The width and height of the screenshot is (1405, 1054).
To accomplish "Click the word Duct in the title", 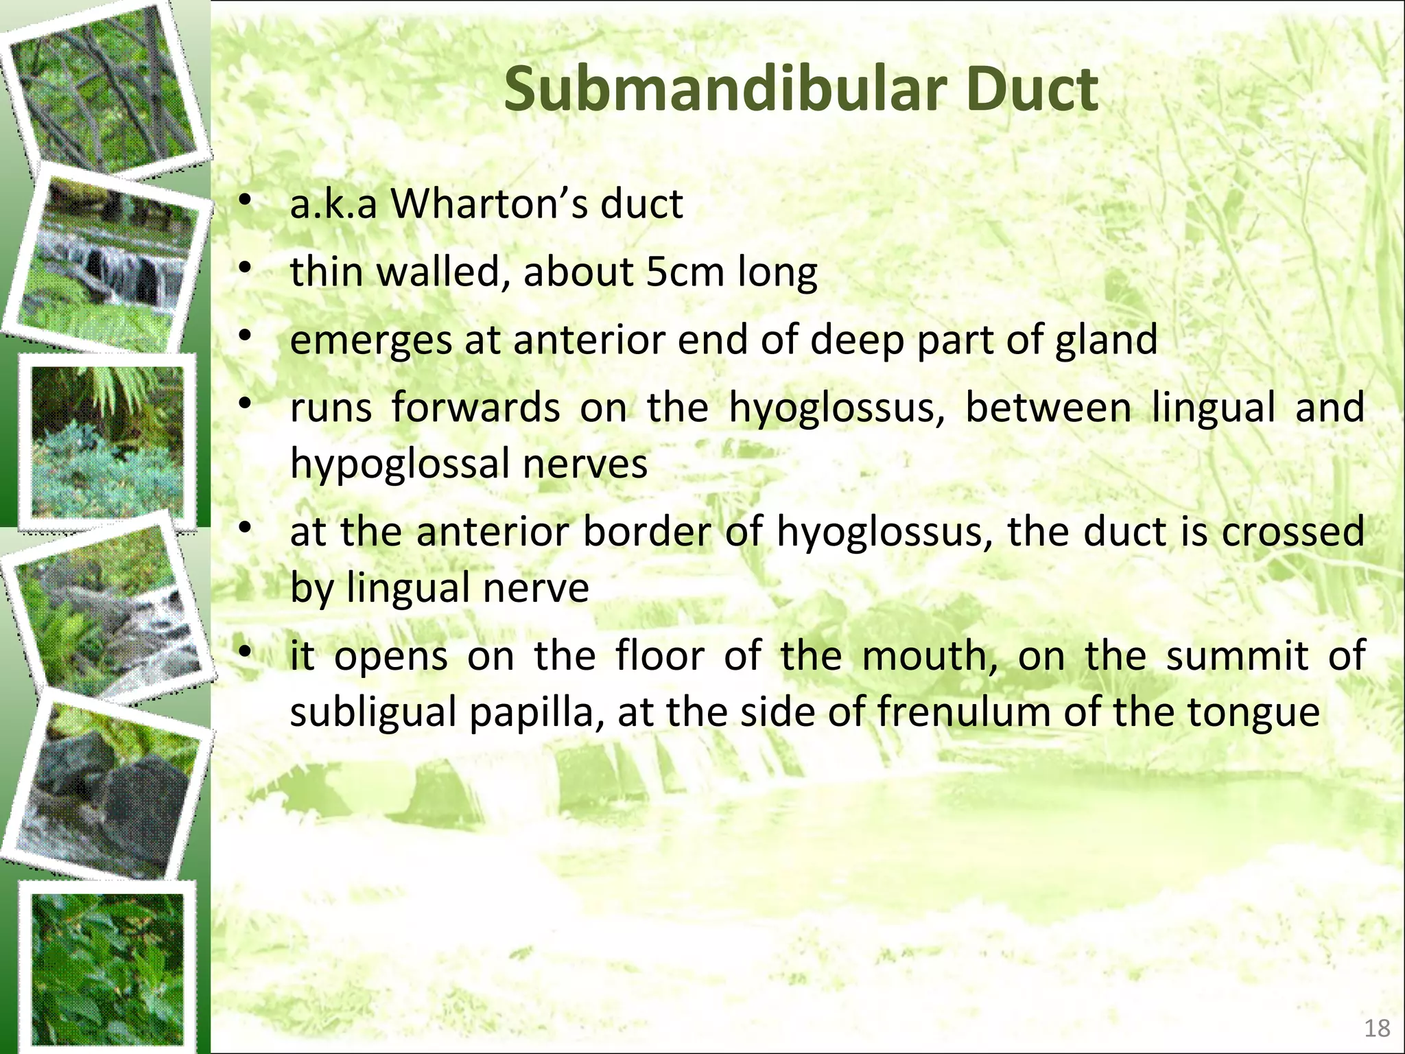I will (x=1032, y=89).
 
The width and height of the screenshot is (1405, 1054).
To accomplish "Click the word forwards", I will (x=475, y=408).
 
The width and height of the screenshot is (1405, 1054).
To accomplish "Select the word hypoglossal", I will (x=399, y=465).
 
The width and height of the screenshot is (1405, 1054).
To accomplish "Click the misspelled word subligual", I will (x=373, y=713).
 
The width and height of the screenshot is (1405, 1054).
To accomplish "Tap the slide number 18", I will (x=1377, y=1028).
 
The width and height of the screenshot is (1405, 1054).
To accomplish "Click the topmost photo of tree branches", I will (x=103, y=86).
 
